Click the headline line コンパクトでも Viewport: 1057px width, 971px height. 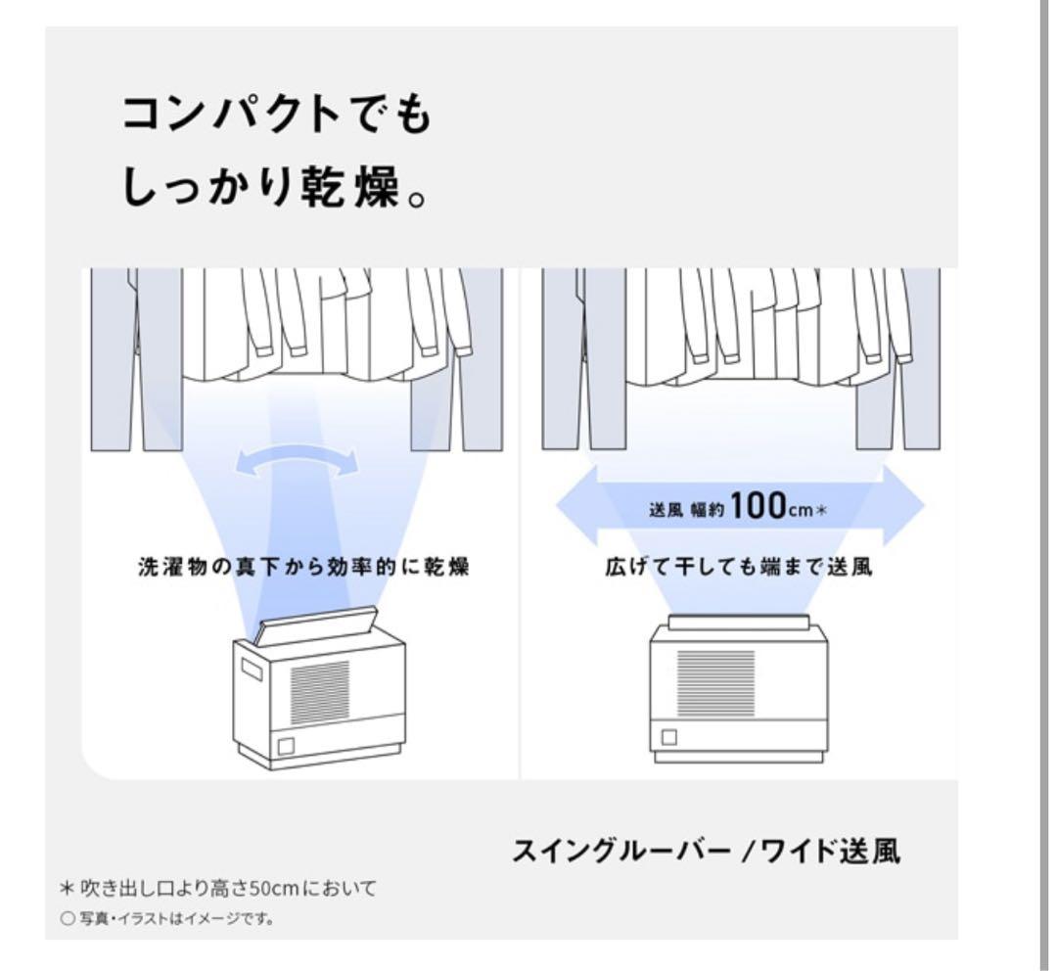tap(275, 119)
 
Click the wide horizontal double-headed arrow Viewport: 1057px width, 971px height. tap(739, 505)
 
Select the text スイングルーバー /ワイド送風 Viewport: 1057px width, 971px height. tap(706, 852)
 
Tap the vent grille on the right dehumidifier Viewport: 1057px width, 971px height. tap(714, 685)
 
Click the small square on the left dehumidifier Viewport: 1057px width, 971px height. tap(286, 747)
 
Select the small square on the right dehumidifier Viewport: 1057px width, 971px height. tap(670, 737)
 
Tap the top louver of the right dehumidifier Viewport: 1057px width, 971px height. tap(738, 623)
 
